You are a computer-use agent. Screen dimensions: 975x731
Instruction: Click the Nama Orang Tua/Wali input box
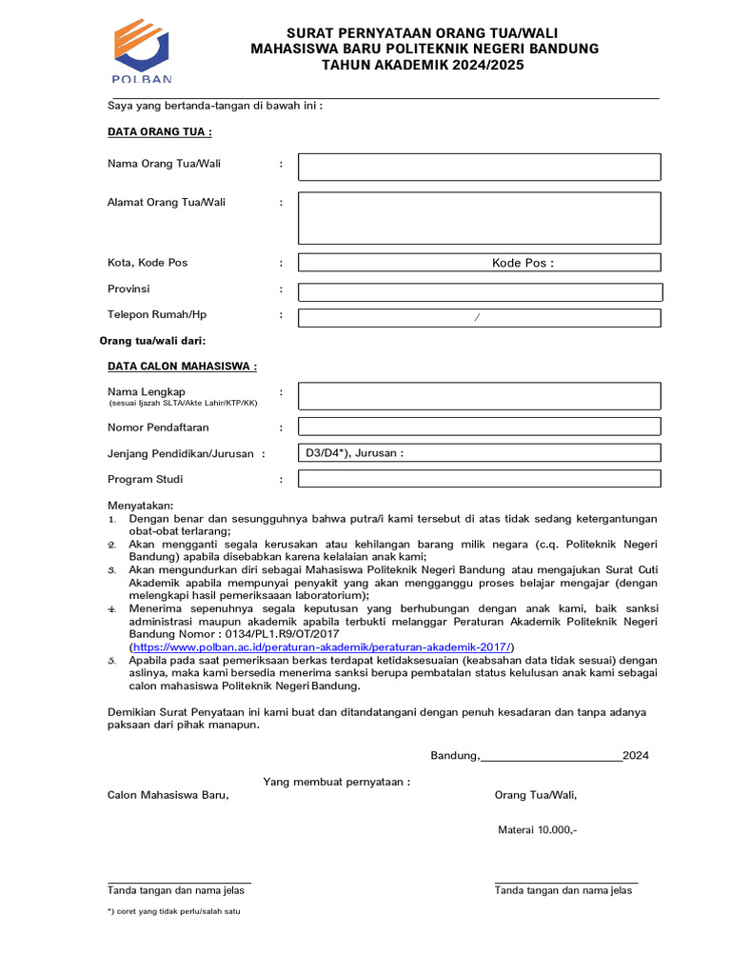479,167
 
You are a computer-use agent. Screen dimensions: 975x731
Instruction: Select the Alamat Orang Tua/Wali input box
479,218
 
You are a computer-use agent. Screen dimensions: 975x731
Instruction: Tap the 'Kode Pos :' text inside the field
523,263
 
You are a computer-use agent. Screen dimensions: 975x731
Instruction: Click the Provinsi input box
479,292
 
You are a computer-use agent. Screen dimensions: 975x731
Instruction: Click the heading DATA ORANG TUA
159,131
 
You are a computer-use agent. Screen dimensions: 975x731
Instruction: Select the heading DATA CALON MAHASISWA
182,366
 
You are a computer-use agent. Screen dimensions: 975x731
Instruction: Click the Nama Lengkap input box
479,396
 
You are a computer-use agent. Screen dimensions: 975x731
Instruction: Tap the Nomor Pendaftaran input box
479,428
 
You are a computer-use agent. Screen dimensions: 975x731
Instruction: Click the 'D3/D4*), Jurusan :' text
354,453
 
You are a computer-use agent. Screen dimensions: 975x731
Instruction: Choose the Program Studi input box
479,479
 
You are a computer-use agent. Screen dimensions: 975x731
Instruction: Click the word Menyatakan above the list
141,506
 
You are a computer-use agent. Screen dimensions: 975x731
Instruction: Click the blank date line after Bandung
551,756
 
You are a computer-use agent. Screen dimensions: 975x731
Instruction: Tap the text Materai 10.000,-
537,830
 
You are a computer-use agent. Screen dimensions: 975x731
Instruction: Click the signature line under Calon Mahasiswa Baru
179,882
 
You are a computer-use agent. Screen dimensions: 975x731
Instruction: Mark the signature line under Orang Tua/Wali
565,882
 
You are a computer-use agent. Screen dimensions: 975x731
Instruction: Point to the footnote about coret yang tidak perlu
173,912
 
